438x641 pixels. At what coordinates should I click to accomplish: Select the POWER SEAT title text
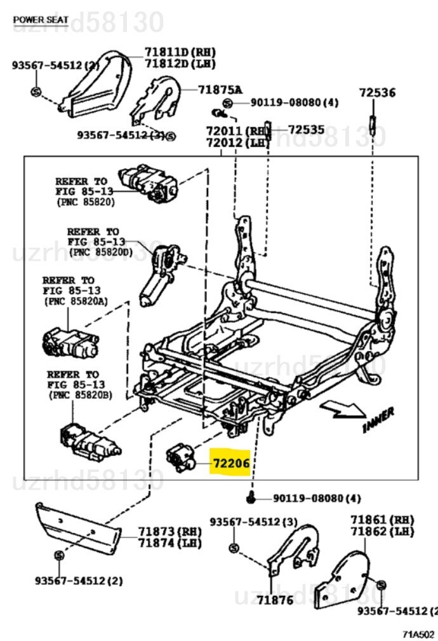click(x=41, y=20)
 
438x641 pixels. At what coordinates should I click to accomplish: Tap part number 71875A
click(x=220, y=90)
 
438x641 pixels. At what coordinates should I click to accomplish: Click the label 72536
click(x=376, y=93)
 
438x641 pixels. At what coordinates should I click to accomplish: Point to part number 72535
click(x=306, y=130)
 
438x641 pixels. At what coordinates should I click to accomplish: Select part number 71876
click(x=275, y=599)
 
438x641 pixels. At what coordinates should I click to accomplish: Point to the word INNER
click(x=378, y=420)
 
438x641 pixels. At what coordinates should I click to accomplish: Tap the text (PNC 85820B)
click(x=80, y=395)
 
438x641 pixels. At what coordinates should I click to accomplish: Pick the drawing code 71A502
click(x=418, y=634)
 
